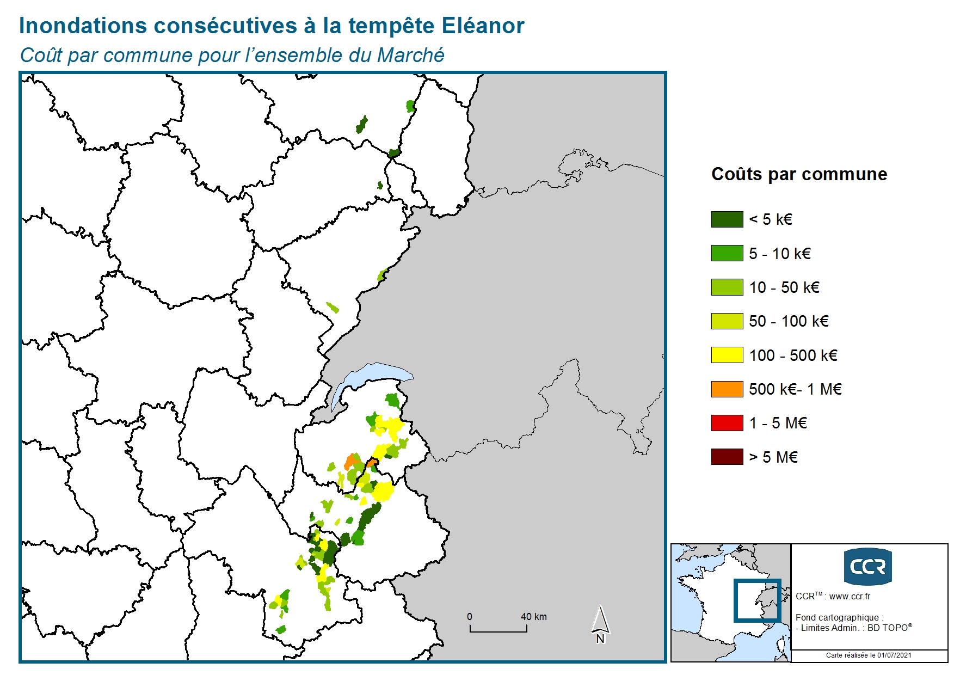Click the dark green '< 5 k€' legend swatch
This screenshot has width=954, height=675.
727,219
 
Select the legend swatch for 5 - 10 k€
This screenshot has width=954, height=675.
727,253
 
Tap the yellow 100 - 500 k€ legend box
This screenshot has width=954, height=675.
727,355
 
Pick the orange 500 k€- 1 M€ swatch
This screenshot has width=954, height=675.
727,389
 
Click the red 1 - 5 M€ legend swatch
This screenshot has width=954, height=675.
727,423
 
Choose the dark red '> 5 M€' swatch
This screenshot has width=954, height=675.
727,457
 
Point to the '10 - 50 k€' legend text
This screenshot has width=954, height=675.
784,287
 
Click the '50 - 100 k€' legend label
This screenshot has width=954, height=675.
789,321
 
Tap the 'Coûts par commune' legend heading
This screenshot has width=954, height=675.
799,174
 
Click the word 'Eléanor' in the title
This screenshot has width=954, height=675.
483,26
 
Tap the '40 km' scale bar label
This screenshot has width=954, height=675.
533,617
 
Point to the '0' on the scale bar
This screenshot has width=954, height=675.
470,617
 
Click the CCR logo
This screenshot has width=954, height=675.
867,567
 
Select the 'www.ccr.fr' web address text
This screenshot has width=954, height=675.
850,596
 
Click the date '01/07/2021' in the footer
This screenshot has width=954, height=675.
894,655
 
